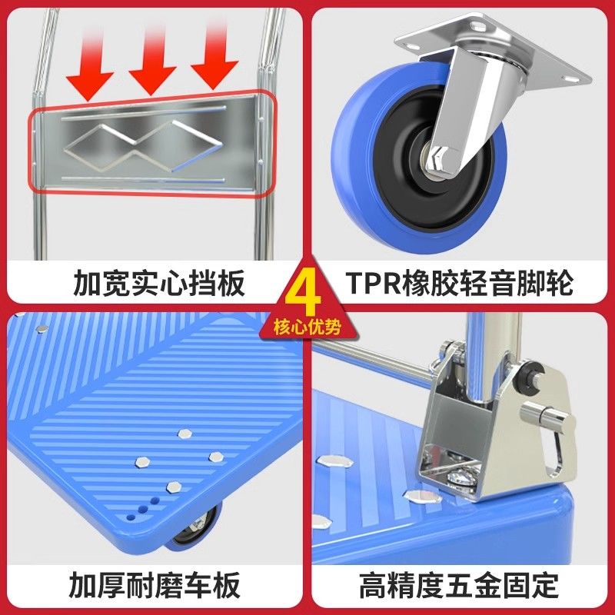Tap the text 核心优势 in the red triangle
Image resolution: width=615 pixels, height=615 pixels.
307,327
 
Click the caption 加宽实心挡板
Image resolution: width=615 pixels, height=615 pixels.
159,282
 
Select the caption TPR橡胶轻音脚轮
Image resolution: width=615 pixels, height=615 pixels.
459,282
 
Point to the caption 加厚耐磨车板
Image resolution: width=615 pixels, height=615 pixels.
155,585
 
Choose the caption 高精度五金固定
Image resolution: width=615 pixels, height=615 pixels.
459,585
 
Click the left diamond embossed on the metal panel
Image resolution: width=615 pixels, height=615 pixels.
101,148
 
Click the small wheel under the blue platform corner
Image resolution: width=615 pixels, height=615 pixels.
195,527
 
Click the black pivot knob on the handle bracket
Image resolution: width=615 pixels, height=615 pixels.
530,376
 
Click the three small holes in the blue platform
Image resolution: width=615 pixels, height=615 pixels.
143,509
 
